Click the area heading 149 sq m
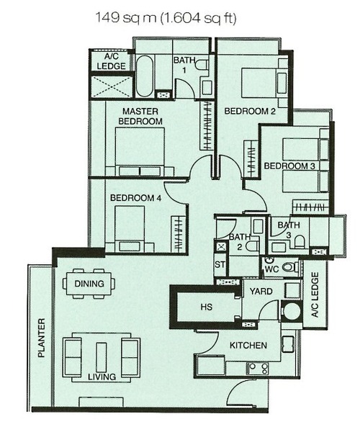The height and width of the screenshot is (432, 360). click(166, 18)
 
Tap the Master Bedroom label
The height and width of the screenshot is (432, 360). click(140, 116)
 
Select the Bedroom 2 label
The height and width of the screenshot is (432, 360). click(250, 111)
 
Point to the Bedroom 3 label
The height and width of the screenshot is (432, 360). click(289, 166)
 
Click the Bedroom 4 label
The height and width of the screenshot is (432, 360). click(135, 198)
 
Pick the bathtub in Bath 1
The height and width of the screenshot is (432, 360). click(144, 76)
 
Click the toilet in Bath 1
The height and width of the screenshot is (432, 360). click(202, 65)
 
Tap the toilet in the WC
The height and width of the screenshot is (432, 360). click(290, 266)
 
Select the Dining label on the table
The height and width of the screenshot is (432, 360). click(89, 284)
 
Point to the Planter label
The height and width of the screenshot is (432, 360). click(41, 338)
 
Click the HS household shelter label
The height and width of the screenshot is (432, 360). click(207, 307)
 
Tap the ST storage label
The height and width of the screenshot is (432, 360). click(220, 265)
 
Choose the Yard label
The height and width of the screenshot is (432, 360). click(261, 291)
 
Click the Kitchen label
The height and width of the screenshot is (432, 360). click(248, 345)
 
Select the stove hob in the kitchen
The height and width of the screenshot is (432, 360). click(257, 369)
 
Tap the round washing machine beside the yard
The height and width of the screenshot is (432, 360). click(292, 310)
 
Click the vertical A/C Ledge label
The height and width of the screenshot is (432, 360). click(315, 294)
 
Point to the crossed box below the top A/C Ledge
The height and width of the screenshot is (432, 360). click(111, 87)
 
